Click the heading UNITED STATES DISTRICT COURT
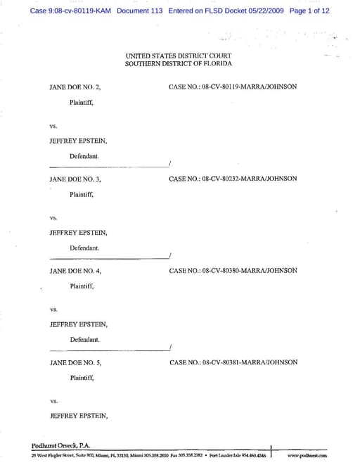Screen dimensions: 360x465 click(178, 55)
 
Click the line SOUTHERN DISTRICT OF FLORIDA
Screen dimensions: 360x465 click(178, 63)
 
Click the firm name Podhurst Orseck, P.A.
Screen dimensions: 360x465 click(61, 445)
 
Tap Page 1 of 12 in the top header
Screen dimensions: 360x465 click(309, 11)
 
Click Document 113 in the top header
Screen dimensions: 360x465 click(140, 11)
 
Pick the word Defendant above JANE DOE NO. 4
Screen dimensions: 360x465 click(84, 248)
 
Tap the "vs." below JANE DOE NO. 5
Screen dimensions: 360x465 click(53, 401)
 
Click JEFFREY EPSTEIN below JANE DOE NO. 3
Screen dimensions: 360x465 click(78, 232)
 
